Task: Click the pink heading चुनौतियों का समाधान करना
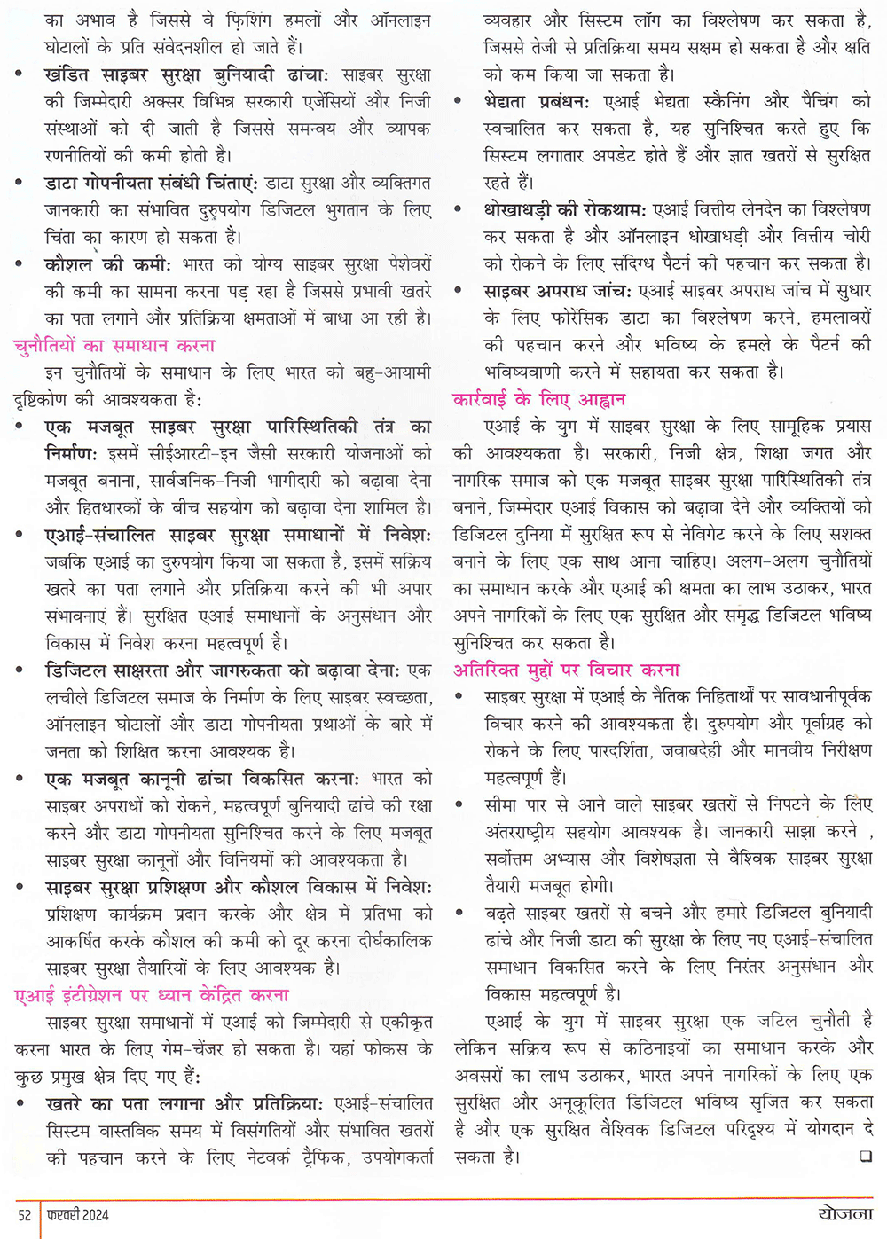[x=114, y=345]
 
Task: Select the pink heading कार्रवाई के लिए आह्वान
[x=539, y=399]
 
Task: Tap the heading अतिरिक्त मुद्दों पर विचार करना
[x=567, y=670]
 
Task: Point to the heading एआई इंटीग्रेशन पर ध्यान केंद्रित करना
[x=152, y=995]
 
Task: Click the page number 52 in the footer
[x=25, y=1214]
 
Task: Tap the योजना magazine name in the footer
[x=845, y=1213]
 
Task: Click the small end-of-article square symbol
[x=866, y=1157]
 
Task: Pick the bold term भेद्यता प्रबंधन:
[x=539, y=101]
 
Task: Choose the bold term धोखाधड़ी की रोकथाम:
[x=565, y=209]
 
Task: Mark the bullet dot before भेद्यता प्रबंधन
[x=459, y=102]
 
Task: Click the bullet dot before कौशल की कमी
[x=20, y=264]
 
